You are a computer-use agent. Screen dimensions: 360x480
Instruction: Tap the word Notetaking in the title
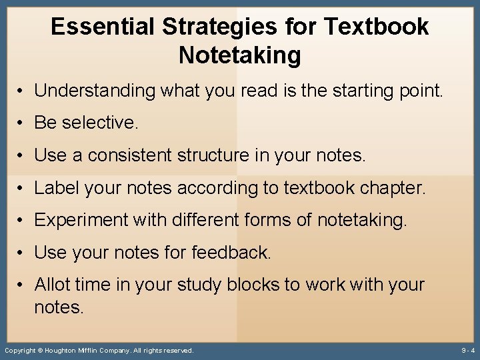(x=240, y=56)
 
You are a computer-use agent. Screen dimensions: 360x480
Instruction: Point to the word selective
(x=100, y=123)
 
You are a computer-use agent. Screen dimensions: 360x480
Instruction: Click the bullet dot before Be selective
(x=23, y=123)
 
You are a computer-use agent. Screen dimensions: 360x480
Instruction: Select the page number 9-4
(x=468, y=350)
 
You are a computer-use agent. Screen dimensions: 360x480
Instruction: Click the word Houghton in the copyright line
(x=66, y=350)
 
